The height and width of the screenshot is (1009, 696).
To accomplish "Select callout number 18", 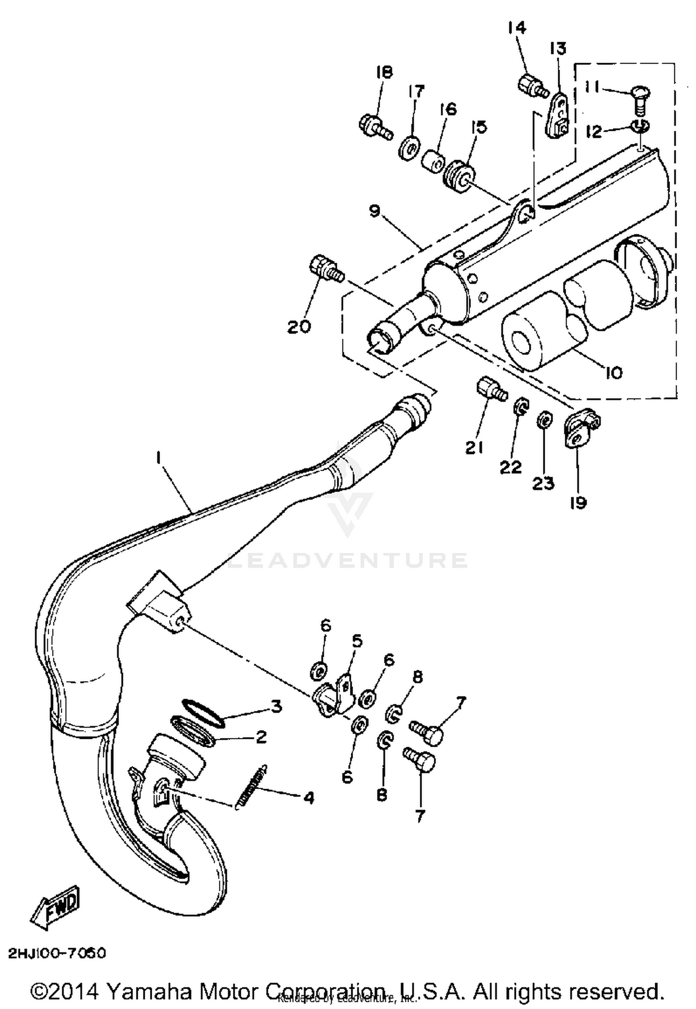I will tap(384, 72).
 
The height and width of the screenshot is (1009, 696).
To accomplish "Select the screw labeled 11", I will tap(641, 98).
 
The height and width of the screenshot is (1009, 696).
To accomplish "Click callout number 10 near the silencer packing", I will tap(614, 372).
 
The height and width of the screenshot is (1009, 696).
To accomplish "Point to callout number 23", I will tap(543, 484).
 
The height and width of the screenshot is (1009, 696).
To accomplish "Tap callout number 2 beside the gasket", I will tap(261, 736).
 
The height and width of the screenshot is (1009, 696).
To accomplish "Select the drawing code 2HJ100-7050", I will tap(57, 953).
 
